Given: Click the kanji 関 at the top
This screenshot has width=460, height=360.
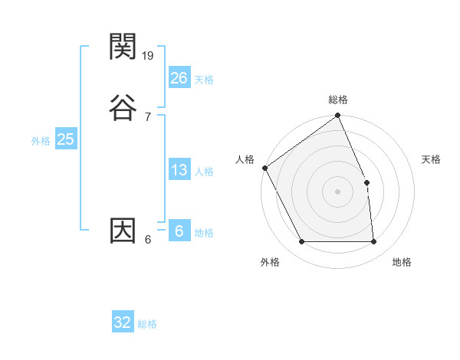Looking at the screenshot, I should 123,47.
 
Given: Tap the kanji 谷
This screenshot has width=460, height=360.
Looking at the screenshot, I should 123,106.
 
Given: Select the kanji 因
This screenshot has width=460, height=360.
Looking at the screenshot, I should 123,230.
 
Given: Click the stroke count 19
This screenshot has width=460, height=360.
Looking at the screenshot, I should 149,56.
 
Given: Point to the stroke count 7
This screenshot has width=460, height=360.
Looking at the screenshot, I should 147,116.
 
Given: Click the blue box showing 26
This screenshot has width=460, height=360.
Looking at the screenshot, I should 179,78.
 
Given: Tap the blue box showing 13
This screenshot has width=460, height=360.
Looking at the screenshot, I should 179,170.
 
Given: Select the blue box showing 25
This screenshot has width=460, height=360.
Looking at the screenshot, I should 65,139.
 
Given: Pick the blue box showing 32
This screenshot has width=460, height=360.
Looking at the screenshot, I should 123,322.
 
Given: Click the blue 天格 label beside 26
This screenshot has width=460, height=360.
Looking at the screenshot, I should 204,80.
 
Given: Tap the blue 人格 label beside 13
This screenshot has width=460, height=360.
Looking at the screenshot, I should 204,172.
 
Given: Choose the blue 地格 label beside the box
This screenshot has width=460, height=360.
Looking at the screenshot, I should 204,233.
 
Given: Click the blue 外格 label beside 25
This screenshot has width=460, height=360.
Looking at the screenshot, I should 41,141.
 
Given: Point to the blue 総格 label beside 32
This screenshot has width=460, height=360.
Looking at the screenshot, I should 148,324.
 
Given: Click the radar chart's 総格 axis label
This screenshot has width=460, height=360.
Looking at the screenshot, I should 338,100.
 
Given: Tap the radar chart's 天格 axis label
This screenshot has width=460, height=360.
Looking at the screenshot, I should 432,159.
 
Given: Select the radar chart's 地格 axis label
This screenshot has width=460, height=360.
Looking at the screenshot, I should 402,262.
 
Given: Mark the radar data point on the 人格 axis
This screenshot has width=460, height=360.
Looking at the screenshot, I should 264,168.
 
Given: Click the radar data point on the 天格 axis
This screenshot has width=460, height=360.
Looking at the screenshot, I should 366,182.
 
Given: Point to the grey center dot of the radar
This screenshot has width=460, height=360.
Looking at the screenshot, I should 338,191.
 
